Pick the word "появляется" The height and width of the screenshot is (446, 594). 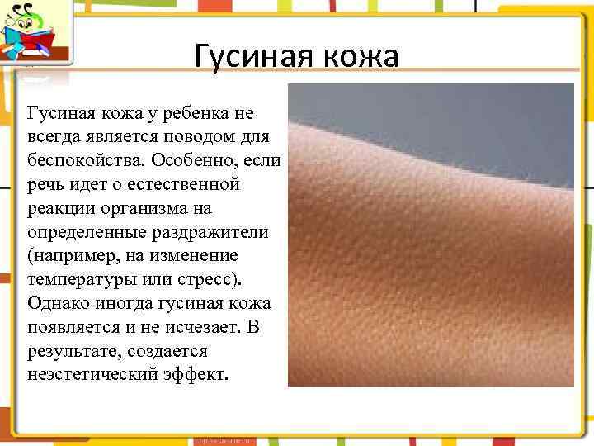[77, 326]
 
